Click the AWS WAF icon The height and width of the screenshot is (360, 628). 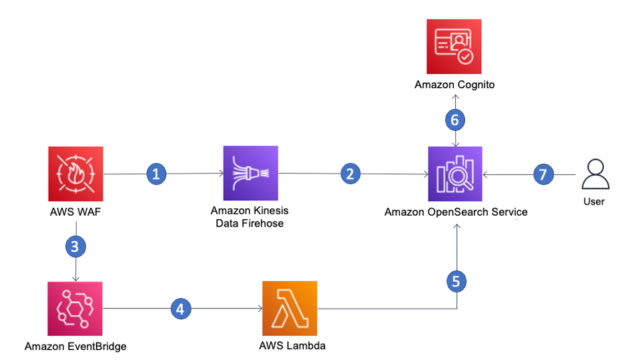(x=75, y=174)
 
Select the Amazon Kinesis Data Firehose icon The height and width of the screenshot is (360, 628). (x=250, y=174)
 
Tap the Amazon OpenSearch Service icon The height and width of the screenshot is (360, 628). (x=456, y=174)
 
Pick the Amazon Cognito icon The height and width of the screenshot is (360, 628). (x=454, y=47)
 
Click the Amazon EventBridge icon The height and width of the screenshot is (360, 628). (x=75, y=308)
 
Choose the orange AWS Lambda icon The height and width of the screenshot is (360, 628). (x=290, y=308)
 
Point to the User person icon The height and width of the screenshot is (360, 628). (x=593, y=175)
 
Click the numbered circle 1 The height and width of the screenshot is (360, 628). (x=156, y=174)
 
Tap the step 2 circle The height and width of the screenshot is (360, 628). (x=349, y=174)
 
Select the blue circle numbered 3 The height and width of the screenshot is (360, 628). (x=75, y=246)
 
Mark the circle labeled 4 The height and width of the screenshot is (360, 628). (x=180, y=309)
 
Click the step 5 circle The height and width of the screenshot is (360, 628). (x=456, y=281)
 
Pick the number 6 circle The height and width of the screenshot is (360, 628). (x=455, y=120)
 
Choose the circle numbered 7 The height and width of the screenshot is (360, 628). (x=543, y=174)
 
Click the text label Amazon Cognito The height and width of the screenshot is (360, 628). (x=454, y=85)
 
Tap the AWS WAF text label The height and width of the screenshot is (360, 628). (x=75, y=212)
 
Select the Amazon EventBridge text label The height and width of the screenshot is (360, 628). (x=75, y=346)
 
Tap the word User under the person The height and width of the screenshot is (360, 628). (x=594, y=201)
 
